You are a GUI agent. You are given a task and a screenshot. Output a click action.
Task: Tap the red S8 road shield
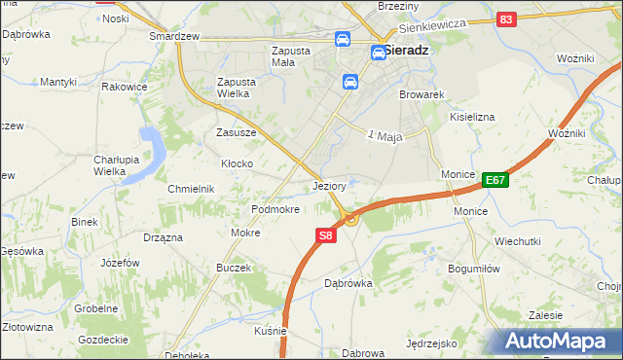[326, 235]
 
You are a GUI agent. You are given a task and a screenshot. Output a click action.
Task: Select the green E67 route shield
[495, 180]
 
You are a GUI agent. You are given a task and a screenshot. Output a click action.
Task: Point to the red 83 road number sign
[504, 19]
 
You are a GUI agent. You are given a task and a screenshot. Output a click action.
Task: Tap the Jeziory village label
[331, 185]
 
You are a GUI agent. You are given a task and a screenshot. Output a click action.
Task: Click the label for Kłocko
[238, 163]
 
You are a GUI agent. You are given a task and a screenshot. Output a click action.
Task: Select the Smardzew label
[173, 36]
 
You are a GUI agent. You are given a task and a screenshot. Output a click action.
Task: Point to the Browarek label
[421, 95]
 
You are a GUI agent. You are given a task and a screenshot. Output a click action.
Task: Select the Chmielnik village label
[191, 189]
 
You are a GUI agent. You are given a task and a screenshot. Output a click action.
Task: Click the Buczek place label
[234, 268]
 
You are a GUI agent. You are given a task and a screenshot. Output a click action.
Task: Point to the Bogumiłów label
[473, 268]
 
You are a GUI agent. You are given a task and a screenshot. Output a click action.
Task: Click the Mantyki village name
[58, 83]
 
